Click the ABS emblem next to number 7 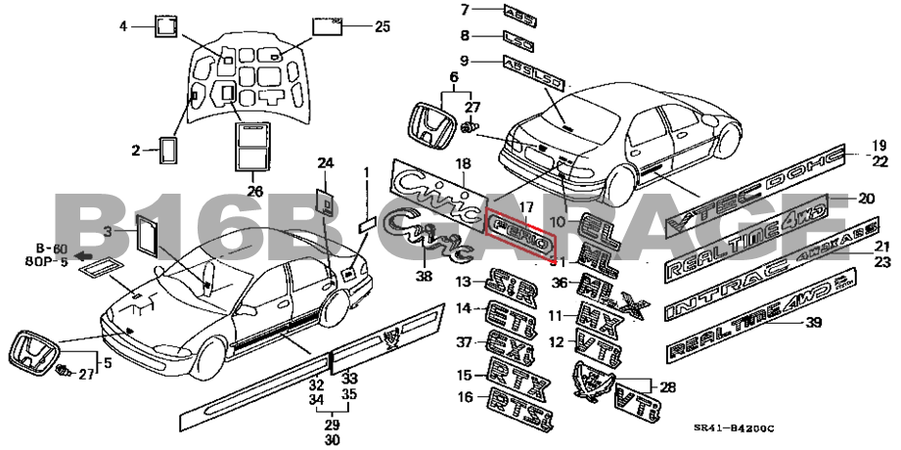click(519, 11)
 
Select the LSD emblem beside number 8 click(518, 38)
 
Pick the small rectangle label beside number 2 click(167, 151)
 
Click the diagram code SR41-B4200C click(734, 428)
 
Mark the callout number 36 click(559, 283)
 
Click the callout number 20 click(866, 198)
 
